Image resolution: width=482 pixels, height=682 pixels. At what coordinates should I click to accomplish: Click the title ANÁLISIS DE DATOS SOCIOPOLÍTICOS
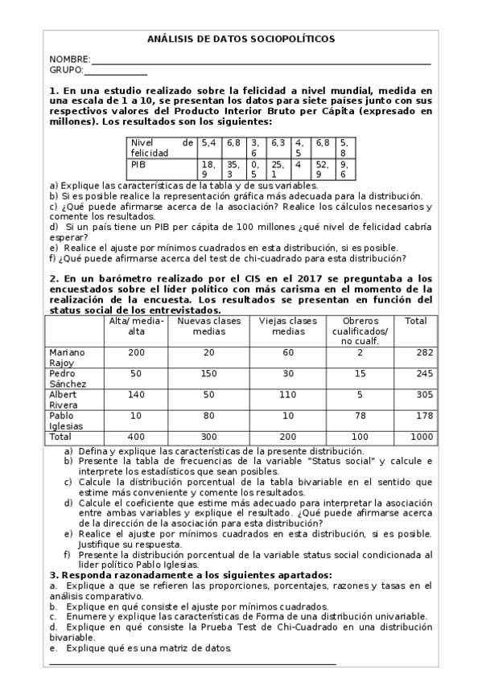click(x=241, y=39)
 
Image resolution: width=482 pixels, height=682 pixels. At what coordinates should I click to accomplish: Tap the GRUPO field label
click(x=66, y=71)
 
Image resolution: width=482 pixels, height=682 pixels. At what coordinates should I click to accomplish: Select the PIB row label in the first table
click(x=138, y=163)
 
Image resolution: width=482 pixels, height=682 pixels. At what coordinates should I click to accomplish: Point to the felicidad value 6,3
click(x=278, y=142)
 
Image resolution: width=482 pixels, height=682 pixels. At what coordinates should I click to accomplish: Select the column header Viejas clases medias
click(x=288, y=326)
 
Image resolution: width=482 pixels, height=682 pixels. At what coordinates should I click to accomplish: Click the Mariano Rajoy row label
click(x=66, y=357)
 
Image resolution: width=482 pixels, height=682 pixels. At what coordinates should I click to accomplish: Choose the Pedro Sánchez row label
click(x=67, y=380)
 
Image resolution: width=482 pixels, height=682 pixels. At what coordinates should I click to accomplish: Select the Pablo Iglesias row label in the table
click(x=66, y=421)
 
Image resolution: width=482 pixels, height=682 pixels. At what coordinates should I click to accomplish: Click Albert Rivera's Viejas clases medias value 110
click(x=288, y=395)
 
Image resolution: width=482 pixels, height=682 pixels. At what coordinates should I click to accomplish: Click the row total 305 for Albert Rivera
click(x=416, y=395)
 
